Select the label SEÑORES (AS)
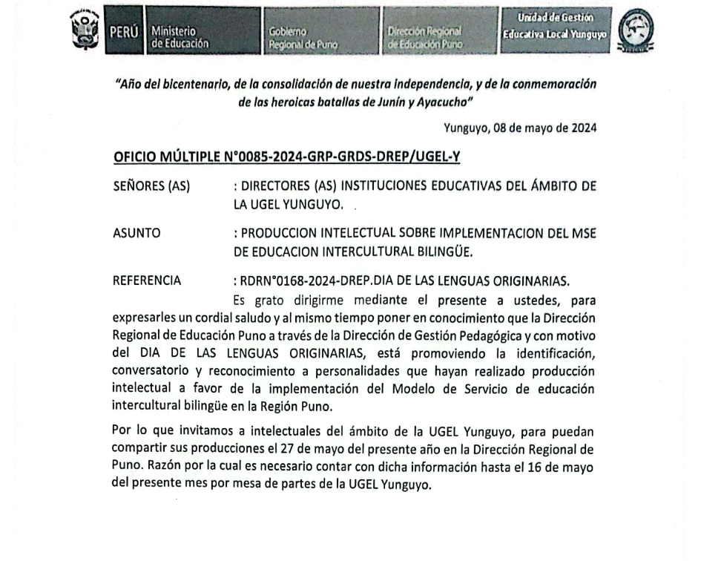click(151, 186)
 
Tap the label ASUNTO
click(136, 233)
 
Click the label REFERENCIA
click(145, 281)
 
